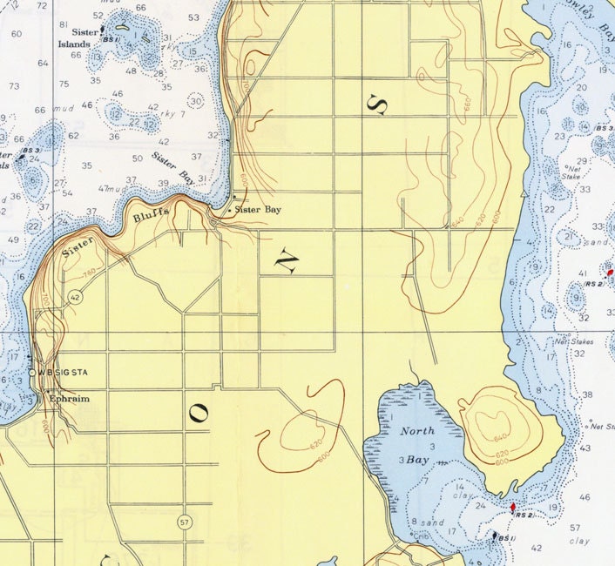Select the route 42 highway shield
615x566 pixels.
pos(76,297)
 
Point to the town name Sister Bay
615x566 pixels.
pos(258,210)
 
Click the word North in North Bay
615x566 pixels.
pos(417,431)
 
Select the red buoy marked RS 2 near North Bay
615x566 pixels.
pos(513,507)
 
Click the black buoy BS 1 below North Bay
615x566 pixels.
pos(496,536)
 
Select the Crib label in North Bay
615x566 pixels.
pos(421,537)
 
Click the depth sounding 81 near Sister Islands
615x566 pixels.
pos(64,24)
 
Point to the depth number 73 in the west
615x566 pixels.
pos(14,86)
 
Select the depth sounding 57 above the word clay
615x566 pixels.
pos(575,529)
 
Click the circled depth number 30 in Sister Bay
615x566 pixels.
pos(196,101)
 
